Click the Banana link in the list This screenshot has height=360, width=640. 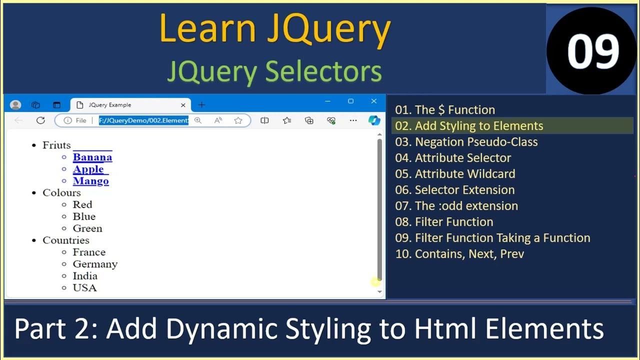[92, 157]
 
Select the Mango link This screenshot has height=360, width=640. [90, 181]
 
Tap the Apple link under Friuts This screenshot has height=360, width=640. [88, 169]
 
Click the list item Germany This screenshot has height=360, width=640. [95, 264]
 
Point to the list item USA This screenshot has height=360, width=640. [84, 288]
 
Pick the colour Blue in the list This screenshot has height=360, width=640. [84, 216]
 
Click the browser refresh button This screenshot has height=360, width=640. [40, 120]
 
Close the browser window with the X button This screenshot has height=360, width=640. [373, 101]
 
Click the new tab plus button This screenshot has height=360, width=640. [201, 105]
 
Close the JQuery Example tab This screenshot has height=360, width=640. [183, 105]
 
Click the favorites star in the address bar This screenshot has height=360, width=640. [238, 120]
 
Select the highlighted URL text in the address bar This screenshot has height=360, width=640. [143, 120]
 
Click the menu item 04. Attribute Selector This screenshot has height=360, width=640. [453, 158]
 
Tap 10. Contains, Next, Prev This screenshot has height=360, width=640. [459, 254]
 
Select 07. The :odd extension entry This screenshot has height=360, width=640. [456, 206]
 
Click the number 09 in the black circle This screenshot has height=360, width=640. [592, 51]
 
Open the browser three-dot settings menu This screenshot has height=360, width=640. [353, 120]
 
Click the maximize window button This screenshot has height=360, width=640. [350, 101]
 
